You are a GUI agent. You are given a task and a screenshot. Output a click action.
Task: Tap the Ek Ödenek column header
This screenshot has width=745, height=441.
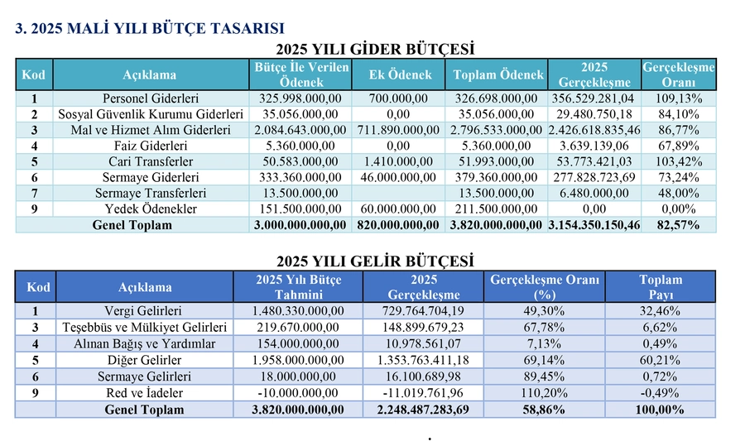(400, 74)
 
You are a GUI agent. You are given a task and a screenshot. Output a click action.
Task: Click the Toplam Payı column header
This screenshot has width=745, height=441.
(661, 287)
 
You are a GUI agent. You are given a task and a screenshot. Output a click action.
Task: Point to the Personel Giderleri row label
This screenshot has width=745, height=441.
(150, 98)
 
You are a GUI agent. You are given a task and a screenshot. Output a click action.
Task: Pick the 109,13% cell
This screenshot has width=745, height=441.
(679, 98)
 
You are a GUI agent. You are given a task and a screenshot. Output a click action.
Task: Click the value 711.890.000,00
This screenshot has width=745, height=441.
(400, 130)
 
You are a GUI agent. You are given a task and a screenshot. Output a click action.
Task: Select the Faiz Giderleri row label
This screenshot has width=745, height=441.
(150, 146)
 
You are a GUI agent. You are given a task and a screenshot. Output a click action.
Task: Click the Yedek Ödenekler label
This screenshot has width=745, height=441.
(150, 209)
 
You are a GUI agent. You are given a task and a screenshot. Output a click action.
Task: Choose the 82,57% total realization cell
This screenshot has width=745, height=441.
(679, 224)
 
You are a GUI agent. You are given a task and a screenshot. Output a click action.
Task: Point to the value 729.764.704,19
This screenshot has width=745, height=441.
(422, 311)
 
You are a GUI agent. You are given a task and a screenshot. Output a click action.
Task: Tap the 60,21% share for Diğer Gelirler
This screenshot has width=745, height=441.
(661, 360)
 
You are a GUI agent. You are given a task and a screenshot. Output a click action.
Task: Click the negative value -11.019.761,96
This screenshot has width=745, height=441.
(422, 392)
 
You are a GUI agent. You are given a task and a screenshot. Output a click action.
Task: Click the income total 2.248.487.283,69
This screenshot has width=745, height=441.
(422, 409)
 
